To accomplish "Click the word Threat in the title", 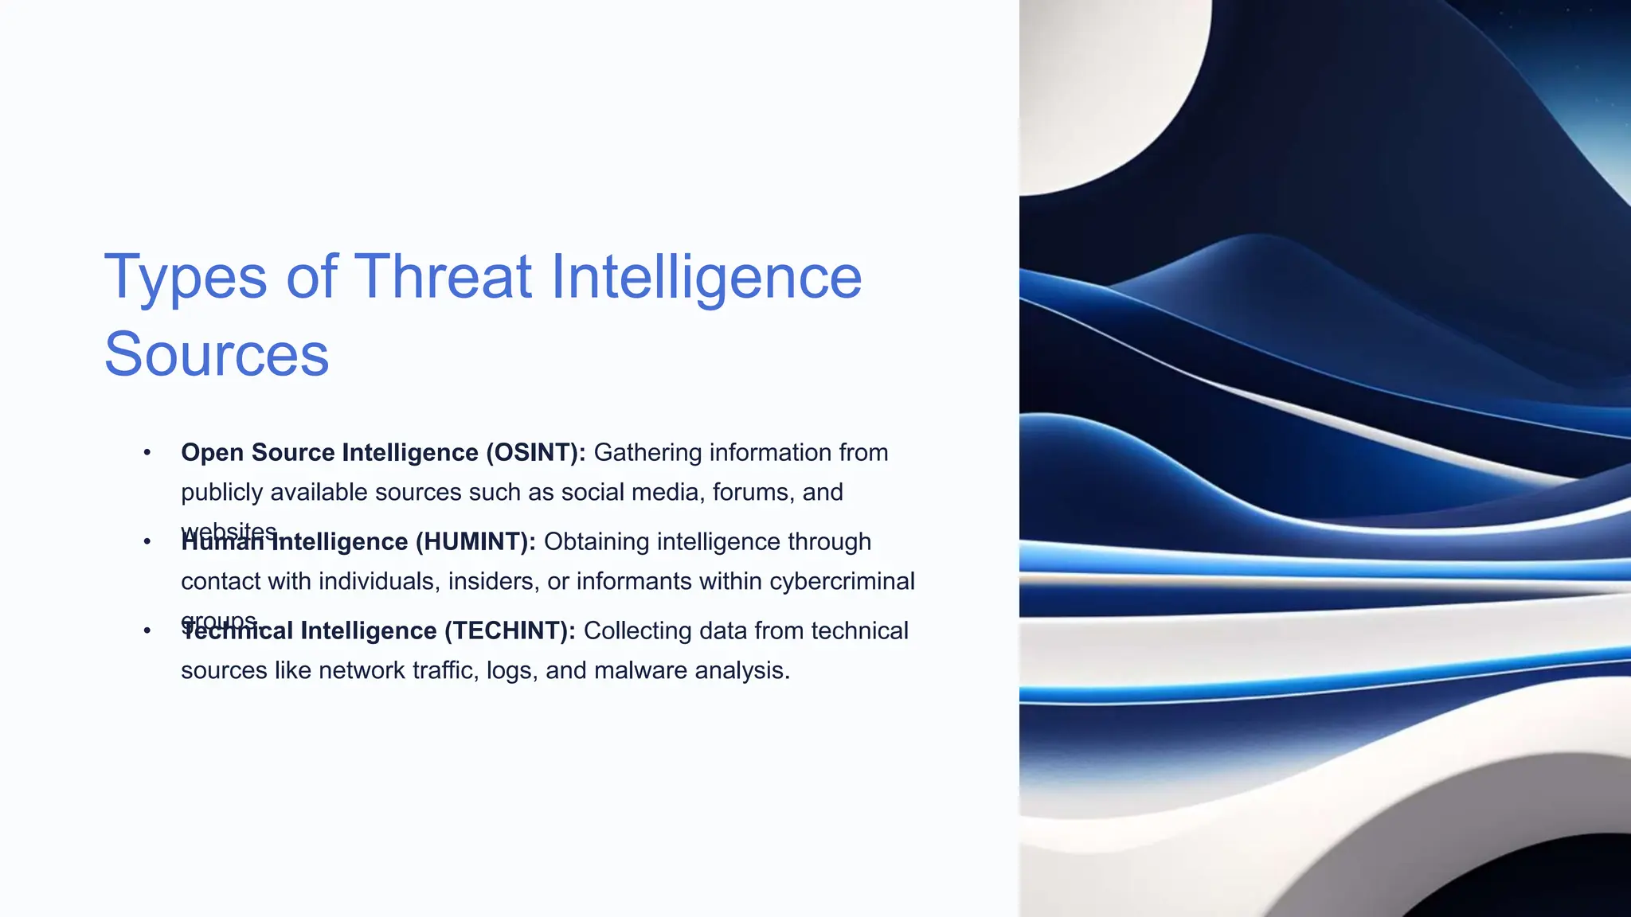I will (442, 277).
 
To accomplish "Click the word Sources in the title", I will (216, 354).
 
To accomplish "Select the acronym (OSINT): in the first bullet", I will (535, 452).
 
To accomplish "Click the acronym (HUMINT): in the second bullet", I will (475, 541).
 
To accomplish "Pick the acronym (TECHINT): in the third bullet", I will (510, 630).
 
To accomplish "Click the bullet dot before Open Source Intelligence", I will (147, 452).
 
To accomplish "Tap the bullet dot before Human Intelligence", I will (147, 541).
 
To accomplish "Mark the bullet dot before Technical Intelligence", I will (147, 630).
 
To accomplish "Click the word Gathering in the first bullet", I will (647, 452).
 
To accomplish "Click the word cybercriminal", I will (842, 581).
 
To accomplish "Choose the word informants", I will (634, 581).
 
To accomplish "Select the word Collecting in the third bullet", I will (637, 630).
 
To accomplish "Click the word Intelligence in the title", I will (706, 277).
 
